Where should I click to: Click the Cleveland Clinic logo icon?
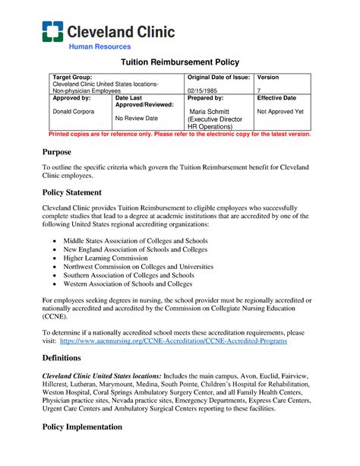52,31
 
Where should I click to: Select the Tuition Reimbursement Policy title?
179,64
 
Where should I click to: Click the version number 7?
260,90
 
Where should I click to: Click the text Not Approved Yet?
281,111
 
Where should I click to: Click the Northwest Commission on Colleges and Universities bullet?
138,267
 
